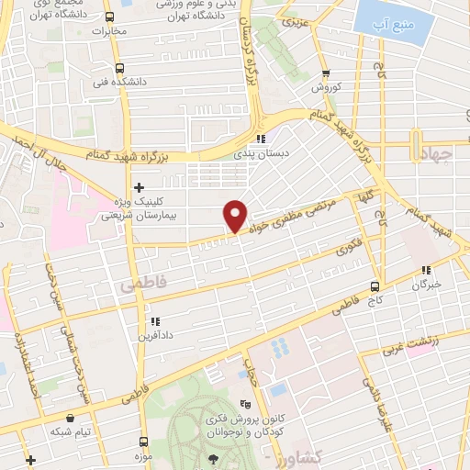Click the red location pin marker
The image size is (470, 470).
[235, 216]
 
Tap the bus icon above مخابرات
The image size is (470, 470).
[109, 17]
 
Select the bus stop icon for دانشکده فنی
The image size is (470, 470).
[119, 68]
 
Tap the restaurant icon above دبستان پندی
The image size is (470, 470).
[262, 140]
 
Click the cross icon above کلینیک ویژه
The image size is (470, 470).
[139, 187]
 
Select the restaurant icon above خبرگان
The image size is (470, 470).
[425, 270]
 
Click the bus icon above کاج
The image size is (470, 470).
[375, 286]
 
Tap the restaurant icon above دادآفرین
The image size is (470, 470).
[154, 321]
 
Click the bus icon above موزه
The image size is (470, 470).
[136, 442]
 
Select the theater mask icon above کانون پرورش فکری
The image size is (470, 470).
[244, 404]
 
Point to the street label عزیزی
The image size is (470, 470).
[291, 20]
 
